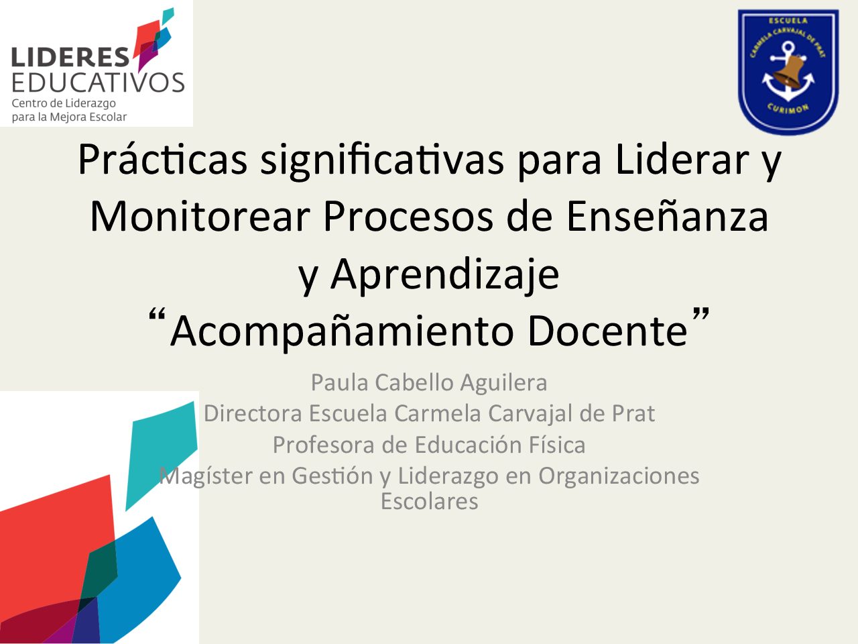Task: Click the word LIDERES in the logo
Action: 70,57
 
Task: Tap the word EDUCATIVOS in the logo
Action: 98,82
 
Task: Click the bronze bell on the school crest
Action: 788,72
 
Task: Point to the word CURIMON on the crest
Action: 788,108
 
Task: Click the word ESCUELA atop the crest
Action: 788,21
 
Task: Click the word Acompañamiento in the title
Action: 341,332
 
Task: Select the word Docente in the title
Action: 607,331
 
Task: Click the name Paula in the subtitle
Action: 339,382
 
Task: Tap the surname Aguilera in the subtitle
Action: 503,383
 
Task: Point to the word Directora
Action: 253,413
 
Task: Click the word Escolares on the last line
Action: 429,501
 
